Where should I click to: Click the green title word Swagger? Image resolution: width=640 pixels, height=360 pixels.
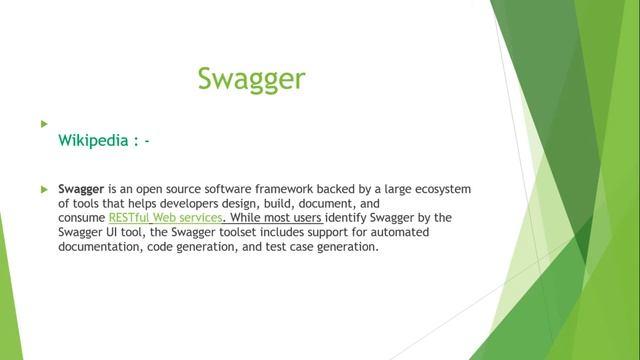click(x=251, y=79)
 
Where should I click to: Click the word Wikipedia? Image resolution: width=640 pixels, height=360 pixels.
click(x=92, y=141)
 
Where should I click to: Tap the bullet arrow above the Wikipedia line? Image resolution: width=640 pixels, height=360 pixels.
click(x=44, y=123)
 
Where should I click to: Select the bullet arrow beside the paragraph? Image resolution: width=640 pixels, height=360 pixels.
click(x=44, y=188)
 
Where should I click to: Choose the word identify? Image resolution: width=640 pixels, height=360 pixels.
click(x=350, y=216)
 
